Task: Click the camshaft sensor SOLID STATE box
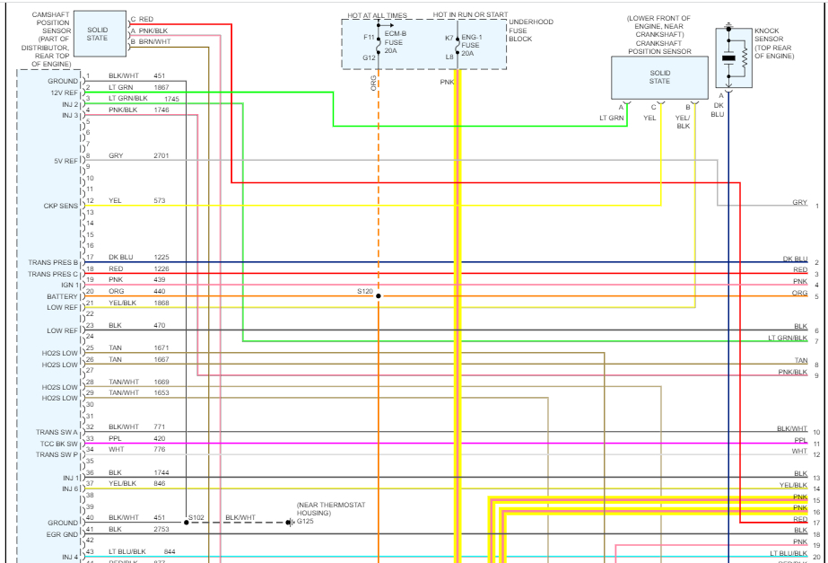(98, 33)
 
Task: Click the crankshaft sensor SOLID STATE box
(659, 76)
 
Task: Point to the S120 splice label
(363, 292)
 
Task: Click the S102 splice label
(196, 517)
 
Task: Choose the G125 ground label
(306, 522)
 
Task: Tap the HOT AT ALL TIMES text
(379, 16)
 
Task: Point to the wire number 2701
(161, 155)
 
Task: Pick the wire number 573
(160, 200)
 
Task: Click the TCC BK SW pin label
(59, 444)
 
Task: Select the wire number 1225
(161, 257)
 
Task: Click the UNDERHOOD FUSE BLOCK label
(530, 31)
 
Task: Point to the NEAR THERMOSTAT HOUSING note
(331, 509)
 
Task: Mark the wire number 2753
(161, 530)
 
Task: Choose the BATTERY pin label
(63, 296)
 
